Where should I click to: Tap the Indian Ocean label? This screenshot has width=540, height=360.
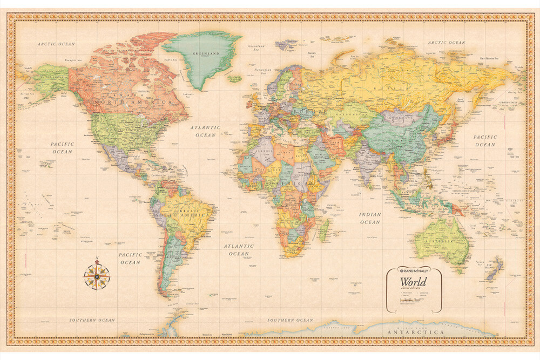click(370, 218)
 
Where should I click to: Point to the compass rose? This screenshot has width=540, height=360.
click(97, 275)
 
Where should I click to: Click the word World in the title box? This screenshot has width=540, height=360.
click(413, 282)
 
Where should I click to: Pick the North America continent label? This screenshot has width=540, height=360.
click(126, 101)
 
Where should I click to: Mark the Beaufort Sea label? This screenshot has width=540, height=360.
click(73, 60)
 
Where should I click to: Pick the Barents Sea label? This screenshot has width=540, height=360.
click(311, 53)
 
